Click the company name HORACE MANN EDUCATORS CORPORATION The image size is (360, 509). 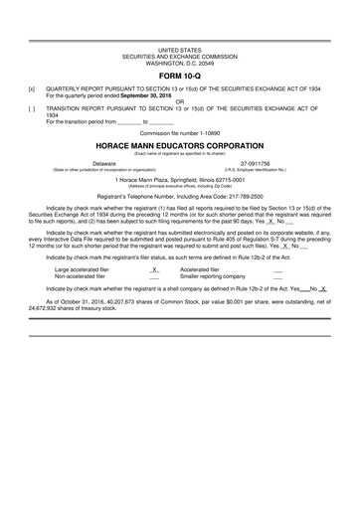[179, 145]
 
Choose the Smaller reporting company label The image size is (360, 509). [213, 275]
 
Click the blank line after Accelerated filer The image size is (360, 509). [277, 269]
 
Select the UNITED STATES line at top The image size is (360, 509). [179, 49]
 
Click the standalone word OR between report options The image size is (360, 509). [179, 99]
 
